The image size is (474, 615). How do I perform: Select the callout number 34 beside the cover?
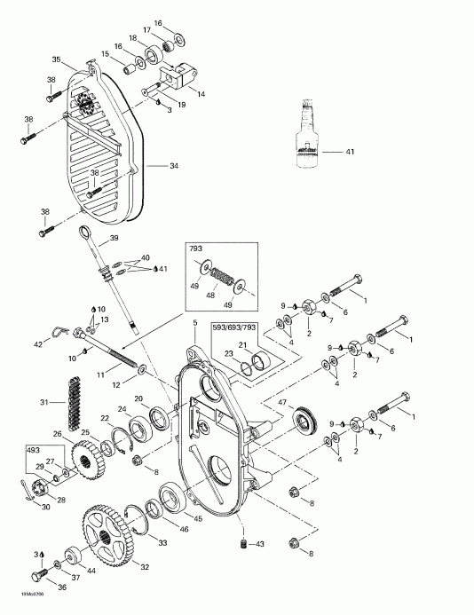point(175,166)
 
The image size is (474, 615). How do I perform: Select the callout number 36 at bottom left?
point(38,586)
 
